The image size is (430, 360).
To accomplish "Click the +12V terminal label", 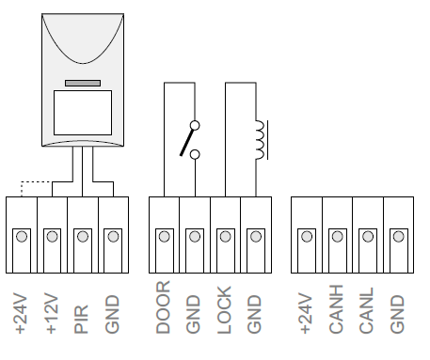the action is tap(52, 313).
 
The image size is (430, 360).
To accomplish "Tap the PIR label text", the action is tap(82, 320).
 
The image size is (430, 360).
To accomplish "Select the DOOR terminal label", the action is tap(163, 307).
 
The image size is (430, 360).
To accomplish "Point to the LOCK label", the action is tap(225, 310).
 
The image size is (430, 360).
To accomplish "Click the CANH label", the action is tap(336, 309).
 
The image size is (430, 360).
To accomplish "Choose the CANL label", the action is tap(367, 310).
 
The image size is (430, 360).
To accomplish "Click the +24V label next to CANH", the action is tap(306, 313).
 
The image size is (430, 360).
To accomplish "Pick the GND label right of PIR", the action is tap(112, 314).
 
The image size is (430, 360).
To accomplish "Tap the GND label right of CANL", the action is tap(397, 314).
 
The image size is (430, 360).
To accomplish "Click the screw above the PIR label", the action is tap(83, 237).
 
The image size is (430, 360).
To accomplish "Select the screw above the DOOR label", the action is tap(165, 237).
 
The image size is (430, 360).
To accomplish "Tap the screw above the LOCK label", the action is tap(226, 237).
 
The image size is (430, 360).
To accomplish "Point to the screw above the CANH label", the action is tap(338, 237).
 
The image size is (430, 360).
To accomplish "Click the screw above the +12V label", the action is tap(53, 237).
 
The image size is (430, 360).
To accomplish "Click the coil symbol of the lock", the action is tap(261, 140).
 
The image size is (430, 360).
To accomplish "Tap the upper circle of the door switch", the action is tap(195, 126).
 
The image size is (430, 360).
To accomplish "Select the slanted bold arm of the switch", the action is tap(186, 142).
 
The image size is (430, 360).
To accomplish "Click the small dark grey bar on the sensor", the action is tap(83, 83).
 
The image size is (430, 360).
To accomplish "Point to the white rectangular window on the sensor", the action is tap(83, 113).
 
